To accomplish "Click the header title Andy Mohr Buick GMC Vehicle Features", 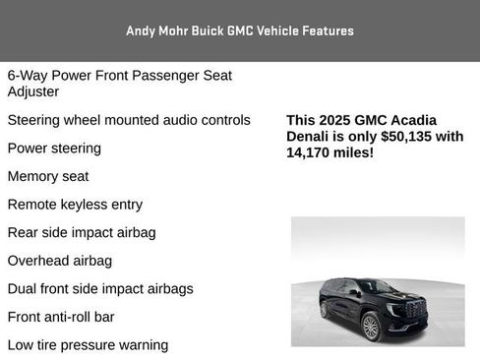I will pyautogui.click(x=239, y=30).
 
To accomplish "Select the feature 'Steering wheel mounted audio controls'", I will pyautogui.click(x=129, y=120).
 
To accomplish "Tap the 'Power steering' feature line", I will pyautogui.click(x=54, y=149).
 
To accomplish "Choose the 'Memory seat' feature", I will pyautogui.click(x=48, y=177).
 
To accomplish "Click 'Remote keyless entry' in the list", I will pyautogui.click(x=75, y=205).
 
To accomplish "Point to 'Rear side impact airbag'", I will pyautogui.click(x=82, y=233).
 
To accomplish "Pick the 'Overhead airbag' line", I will pyautogui.click(x=59, y=261).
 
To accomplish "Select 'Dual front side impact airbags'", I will pyautogui.click(x=100, y=289).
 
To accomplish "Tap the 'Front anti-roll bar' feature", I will pyautogui.click(x=61, y=317).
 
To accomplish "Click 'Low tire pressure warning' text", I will pyautogui.click(x=88, y=345).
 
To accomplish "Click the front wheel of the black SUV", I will pyautogui.click(x=371, y=327).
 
